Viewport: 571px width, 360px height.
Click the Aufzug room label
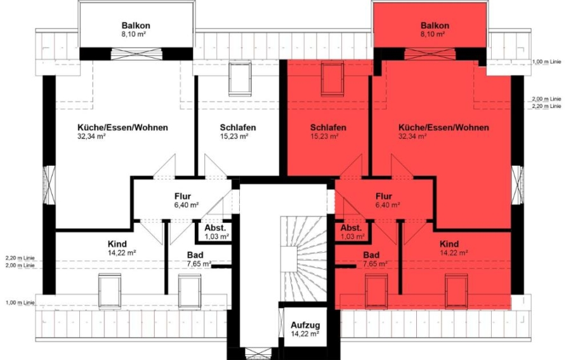pos(305,325)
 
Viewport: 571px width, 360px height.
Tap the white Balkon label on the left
pos(136,25)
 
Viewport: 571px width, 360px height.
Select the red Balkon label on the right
pos(435,25)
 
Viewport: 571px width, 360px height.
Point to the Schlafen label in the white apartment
pos(238,128)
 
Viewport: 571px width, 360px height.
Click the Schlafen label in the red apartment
pos(328,128)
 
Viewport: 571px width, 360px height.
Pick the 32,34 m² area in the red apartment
pos(412,137)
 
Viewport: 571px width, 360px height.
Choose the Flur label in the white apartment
pos(183,197)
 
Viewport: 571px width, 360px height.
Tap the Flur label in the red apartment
pos(384,197)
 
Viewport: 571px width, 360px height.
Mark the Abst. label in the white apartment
pos(215,228)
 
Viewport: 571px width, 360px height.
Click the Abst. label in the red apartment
pos(351,228)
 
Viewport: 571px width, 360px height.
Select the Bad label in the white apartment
pos(195,255)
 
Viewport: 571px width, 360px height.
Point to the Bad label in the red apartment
pos(371,255)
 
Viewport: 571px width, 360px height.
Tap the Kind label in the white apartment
pos(117,244)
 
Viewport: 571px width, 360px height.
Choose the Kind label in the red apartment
pos(449,244)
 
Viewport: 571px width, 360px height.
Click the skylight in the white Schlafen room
pos(240,79)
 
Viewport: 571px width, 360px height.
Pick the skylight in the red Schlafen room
pos(332,79)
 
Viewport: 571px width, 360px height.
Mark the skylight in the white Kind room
pos(110,291)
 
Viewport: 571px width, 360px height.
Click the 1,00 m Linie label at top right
pos(547,62)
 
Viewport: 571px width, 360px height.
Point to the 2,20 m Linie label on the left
pos(20,258)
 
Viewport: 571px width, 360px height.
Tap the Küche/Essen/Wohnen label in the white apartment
pos(122,128)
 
